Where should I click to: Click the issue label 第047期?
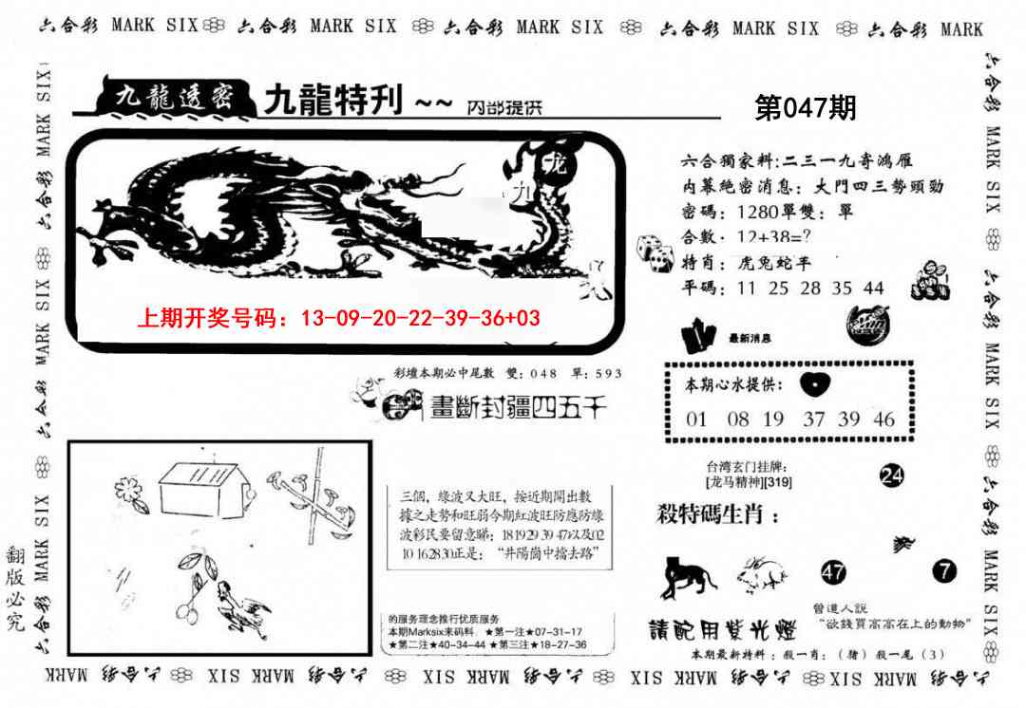[x=805, y=109]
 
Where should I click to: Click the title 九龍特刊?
[x=332, y=100]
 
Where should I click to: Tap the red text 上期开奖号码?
[x=212, y=318]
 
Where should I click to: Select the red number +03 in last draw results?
[x=523, y=318]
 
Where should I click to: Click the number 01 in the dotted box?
[x=696, y=419]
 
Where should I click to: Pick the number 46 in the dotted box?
[x=883, y=419]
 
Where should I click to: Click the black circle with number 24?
[x=891, y=476]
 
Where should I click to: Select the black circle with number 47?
[x=833, y=571]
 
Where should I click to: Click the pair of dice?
[x=655, y=249]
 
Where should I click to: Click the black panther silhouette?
[x=689, y=574]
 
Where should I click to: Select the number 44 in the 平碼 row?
[x=874, y=289]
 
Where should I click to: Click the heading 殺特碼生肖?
[x=717, y=515]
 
